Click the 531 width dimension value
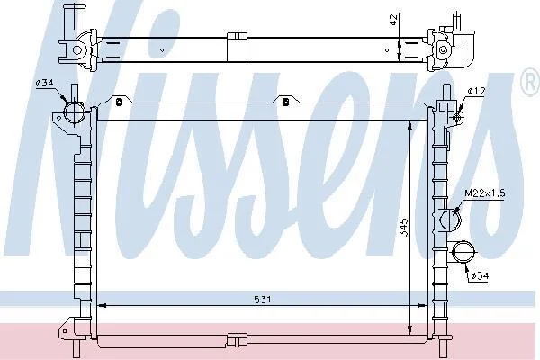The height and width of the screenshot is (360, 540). [263, 300]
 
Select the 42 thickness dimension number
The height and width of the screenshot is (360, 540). [393, 20]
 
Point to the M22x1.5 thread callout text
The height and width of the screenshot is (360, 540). [485, 193]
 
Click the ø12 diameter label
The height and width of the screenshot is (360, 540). [477, 91]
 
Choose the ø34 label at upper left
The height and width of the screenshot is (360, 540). [44, 83]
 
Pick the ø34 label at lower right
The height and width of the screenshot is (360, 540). [480, 275]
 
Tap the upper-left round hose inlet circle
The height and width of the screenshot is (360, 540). [74, 112]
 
